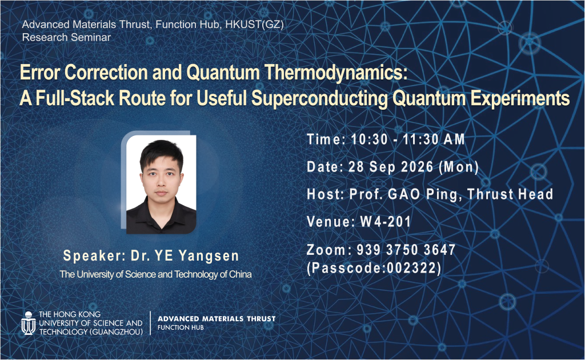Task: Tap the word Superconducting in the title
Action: coord(319,98)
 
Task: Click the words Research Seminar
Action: coord(66,37)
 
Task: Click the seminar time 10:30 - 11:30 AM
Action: coord(408,139)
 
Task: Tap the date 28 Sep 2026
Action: coord(391,167)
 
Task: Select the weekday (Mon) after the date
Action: coord(459,167)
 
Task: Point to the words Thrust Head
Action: coord(510,194)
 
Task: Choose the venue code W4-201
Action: coord(386,222)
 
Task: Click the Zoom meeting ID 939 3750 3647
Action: coord(406,250)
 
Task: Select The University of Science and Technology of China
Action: coord(155,274)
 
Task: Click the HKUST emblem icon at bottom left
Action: coord(29,323)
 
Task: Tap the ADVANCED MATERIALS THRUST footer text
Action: coord(217,319)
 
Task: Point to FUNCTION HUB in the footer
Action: coord(181,327)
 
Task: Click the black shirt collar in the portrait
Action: coord(161,210)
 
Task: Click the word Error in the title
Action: coord(40,73)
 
